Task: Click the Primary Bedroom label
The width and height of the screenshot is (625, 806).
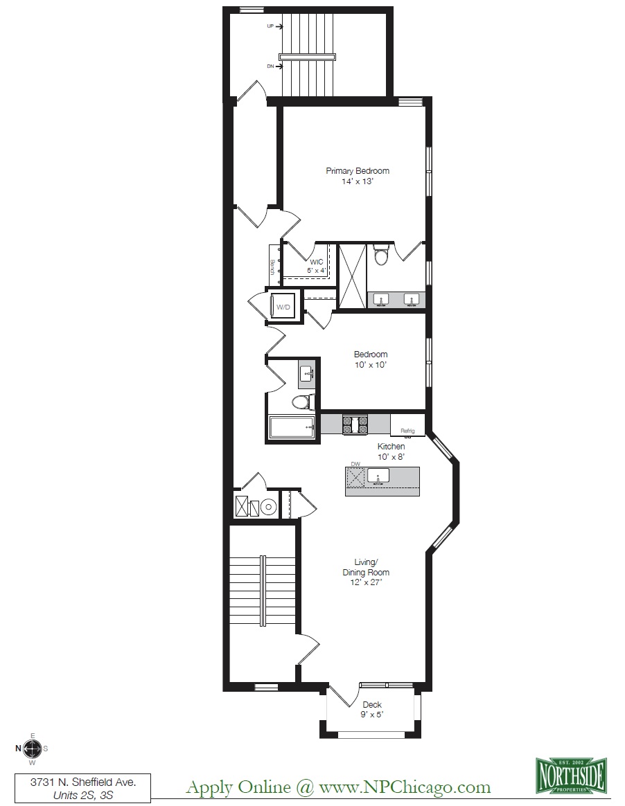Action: click(358, 176)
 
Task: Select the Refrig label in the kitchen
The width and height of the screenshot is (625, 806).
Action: click(407, 431)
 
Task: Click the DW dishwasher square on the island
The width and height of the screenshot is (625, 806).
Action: click(355, 476)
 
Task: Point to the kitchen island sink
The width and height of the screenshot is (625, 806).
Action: click(378, 476)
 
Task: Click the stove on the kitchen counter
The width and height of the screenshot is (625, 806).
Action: click(354, 424)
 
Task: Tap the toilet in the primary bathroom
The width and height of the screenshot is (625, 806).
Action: click(380, 257)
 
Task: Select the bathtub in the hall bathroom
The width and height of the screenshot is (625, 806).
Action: click(292, 428)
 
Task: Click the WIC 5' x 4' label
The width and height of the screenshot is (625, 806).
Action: click(317, 266)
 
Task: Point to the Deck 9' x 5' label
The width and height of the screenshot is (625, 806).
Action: click(371, 710)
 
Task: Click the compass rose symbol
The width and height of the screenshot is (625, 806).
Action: click(32, 748)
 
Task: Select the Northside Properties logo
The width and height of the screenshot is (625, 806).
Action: click(572, 774)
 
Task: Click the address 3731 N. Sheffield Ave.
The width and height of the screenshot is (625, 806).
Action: click(82, 781)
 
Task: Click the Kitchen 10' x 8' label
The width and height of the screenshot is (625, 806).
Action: click(391, 451)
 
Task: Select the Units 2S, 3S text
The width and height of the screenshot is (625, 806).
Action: click(82, 796)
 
